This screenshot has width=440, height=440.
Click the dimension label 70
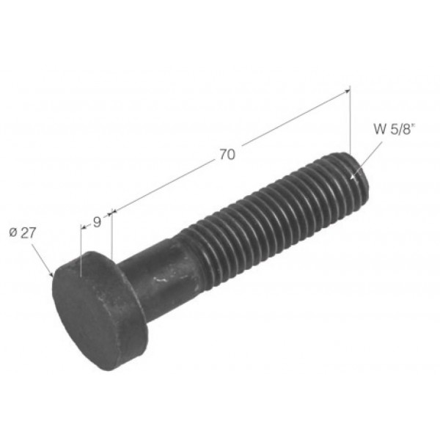tap(227, 154)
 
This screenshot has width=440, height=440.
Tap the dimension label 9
tap(97, 222)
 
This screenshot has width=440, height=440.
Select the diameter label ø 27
tap(23, 233)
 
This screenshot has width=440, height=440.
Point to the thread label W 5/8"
tap(395, 129)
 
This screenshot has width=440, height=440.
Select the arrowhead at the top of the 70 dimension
tap(347, 91)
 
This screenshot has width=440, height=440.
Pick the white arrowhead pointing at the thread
tap(353, 176)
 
